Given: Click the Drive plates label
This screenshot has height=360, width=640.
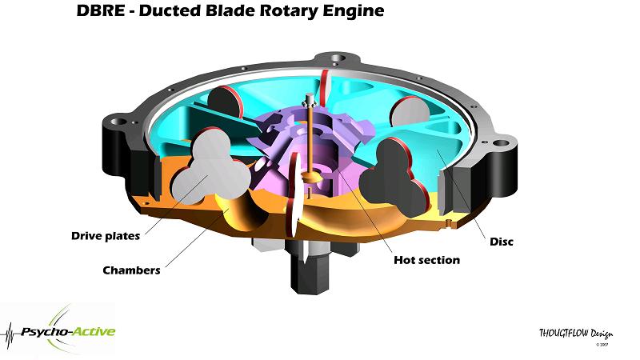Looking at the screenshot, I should tap(106, 235).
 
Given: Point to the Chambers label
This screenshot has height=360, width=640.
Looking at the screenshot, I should tap(131, 270).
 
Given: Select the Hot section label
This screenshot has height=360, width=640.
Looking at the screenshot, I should tap(427, 260).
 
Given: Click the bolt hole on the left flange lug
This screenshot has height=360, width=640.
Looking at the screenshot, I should tap(119, 123).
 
